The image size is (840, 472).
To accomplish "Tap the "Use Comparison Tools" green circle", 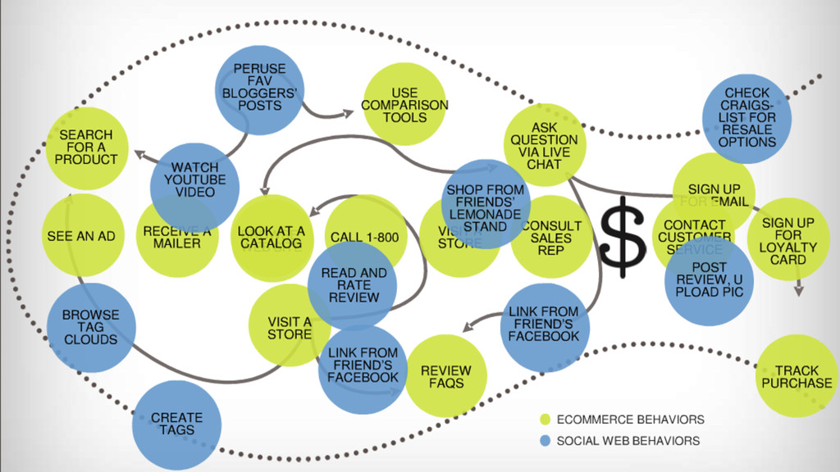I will coord(404,105).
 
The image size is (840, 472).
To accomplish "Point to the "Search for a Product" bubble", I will coord(87,147).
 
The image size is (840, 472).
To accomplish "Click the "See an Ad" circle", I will coord(81,237).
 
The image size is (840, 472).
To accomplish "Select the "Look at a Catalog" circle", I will coord(272,238).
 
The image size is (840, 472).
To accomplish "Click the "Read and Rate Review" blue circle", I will coord(354,285).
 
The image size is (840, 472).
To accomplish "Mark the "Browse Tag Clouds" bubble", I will coord(90,327).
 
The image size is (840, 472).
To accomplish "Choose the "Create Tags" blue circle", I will coord(176,424).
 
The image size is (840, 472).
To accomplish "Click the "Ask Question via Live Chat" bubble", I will coord(545,146).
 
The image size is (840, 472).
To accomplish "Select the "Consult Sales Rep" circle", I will coord(551,238).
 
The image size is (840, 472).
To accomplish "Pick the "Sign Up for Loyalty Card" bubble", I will coord(788,241).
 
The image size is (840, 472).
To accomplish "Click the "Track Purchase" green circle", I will coord(797,376).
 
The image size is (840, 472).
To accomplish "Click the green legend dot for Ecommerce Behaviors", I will coord(544,420).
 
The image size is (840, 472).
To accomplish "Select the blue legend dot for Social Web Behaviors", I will coord(544,441).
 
